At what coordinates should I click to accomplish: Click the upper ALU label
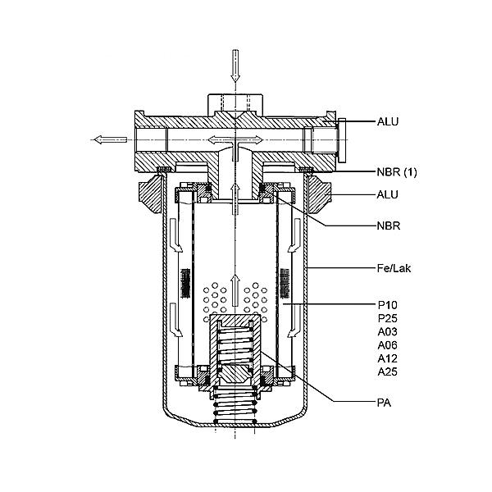(x=388, y=121)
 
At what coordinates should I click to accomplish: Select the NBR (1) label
(x=397, y=172)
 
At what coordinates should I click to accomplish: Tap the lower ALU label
(x=388, y=194)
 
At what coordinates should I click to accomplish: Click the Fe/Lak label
(x=394, y=268)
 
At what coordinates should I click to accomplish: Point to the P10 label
(x=388, y=305)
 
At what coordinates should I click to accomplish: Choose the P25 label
(x=388, y=318)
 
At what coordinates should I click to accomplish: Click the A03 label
(x=388, y=331)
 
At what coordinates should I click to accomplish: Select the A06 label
(x=388, y=345)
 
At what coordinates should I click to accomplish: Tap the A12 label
(x=388, y=358)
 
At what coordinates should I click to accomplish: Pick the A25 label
(x=388, y=371)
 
